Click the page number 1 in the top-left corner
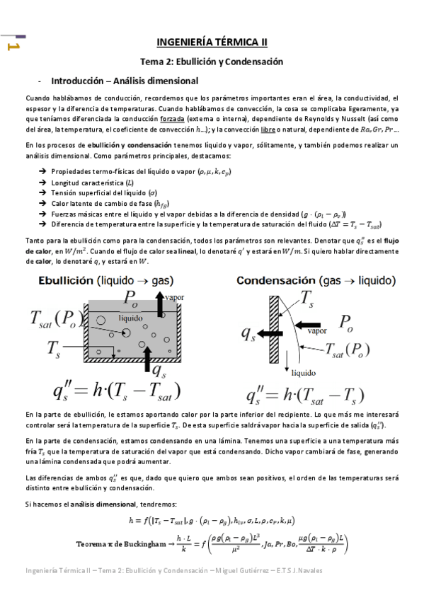(x=11, y=46)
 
